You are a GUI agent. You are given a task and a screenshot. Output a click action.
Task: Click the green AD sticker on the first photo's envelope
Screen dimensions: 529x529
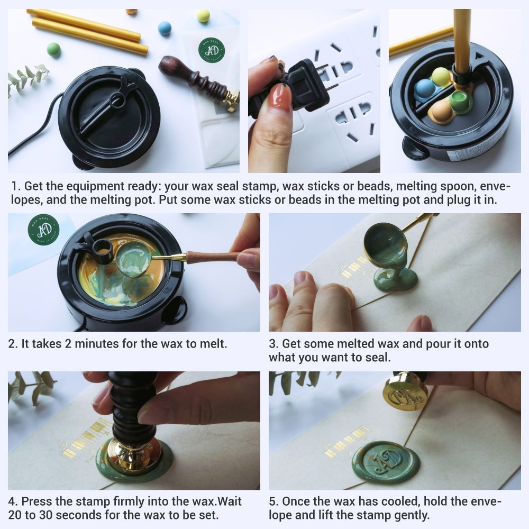(x=212, y=50)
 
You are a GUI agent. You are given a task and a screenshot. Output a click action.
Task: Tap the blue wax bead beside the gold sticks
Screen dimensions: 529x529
(x=165, y=28)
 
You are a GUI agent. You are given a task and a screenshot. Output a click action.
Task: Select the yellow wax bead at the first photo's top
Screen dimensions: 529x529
(x=203, y=16)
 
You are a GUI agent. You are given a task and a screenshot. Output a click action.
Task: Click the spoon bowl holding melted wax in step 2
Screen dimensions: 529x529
(x=133, y=259)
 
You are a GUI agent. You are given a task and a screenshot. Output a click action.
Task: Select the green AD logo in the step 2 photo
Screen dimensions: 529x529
(x=43, y=229)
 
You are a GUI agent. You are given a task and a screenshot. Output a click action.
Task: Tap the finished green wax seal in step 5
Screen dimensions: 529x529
(x=386, y=462)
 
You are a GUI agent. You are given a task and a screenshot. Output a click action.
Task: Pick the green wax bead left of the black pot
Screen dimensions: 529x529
(x=53, y=50)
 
